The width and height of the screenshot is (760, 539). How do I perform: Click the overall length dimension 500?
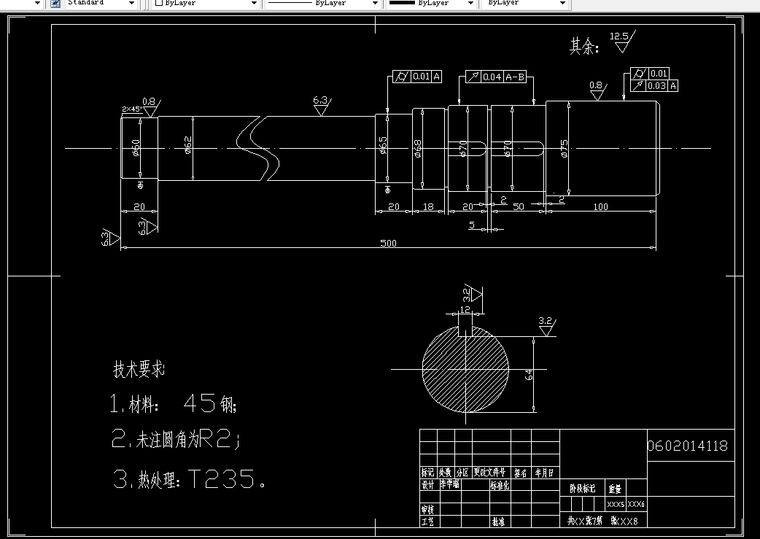point(388,243)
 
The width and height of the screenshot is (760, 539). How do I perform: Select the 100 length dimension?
point(600,207)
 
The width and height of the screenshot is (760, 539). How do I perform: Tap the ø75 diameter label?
point(564,149)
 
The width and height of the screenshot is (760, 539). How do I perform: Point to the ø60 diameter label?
point(136,147)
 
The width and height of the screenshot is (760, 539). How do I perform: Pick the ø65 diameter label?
point(384,148)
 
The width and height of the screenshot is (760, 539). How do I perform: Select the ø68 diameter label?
point(418,149)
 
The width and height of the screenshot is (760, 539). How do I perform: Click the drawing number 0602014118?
point(688,446)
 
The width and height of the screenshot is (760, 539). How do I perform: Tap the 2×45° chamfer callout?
point(131,109)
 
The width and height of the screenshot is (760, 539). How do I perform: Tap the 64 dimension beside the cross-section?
point(530,374)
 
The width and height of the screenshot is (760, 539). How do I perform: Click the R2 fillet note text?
point(216,439)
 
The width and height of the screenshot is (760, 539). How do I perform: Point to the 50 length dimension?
point(519,207)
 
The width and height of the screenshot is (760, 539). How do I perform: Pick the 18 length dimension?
point(429,207)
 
